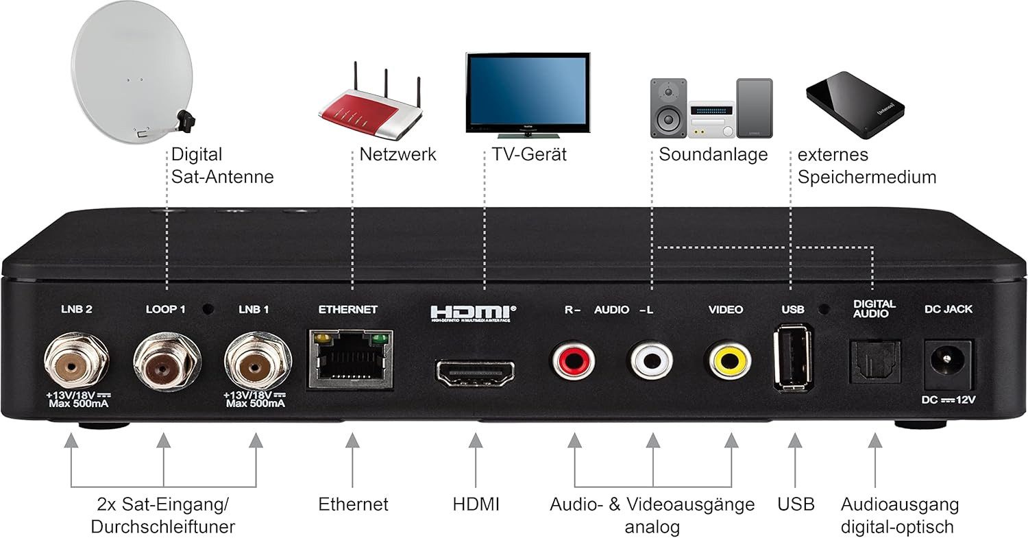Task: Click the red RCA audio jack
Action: pyautogui.click(x=574, y=360)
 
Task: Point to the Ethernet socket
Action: pyautogui.click(x=350, y=359)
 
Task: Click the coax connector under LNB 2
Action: pyautogui.click(x=75, y=361)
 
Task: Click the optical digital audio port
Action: pyautogui.click(x=873, y=361)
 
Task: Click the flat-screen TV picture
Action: pyautogui.click(x=527, y=93)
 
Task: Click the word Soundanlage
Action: pyautogui.click(x=713, y=154)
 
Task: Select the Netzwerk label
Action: pyautogui.click(x=397, y=154)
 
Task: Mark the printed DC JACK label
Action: pyautogui.click(x=948, y=309)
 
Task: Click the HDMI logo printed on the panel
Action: pyautogui.click(x=473, y=312)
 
